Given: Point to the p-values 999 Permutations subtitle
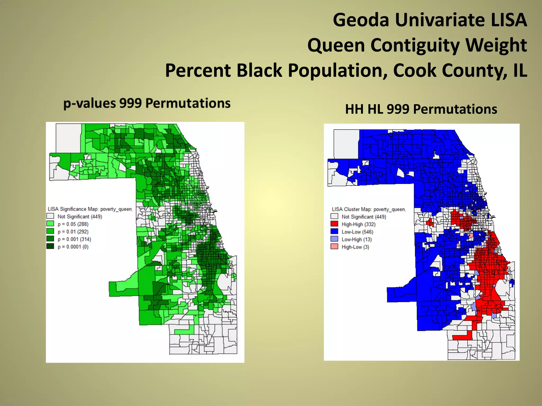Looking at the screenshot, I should (x=147, y=103).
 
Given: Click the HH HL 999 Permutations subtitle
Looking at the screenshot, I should (x=421, y=109).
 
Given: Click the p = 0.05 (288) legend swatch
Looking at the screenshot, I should (x=50, y=224).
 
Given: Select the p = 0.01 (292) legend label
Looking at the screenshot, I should (x=73, y=232).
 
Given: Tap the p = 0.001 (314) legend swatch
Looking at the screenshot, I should (x=50, y=239).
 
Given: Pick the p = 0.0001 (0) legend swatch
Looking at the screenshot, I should (x=50, y=246).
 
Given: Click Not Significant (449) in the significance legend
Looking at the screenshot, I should (x=80, y=216).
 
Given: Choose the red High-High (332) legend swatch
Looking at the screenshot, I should (x=334, y=224).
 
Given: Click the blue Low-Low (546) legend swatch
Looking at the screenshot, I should (x=334, y=231).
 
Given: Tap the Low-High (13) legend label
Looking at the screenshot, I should (x=356, y=239).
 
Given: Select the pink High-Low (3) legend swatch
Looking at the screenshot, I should (x=334, y=247).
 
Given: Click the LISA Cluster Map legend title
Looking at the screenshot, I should (x=369, y=209).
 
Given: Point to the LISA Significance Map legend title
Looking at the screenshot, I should (x=90, y=209).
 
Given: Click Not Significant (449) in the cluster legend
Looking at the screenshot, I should (x=364, y=217).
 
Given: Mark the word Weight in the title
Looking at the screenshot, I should (x=496, y=45).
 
